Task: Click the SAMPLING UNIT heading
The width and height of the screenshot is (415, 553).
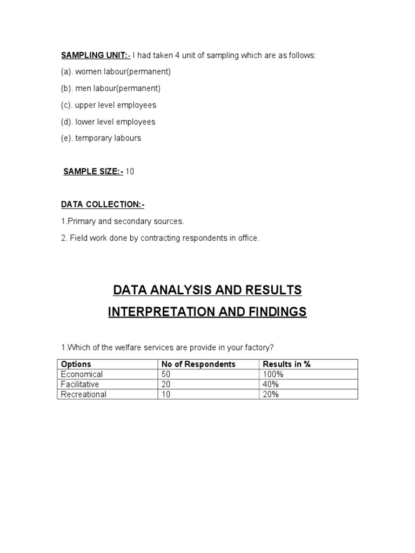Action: [95, 55]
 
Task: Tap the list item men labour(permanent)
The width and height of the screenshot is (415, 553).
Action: [111, 88]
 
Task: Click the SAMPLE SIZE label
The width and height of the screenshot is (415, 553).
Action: [93, 171]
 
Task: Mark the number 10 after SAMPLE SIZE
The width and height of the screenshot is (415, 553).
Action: [130, 171]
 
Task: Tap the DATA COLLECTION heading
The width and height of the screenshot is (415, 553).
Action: [103, 205]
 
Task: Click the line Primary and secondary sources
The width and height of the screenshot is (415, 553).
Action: [123, 221]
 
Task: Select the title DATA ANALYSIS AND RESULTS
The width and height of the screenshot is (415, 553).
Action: [207, 290]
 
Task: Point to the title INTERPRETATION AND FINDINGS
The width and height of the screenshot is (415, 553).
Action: [207, 312]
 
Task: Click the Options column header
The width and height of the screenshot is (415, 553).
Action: [76, 364]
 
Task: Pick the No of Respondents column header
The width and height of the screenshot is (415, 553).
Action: [198, 364]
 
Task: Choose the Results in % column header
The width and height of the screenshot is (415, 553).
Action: [286, 364]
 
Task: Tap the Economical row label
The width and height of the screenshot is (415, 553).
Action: [82, 374]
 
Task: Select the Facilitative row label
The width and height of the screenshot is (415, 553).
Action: [80, 385]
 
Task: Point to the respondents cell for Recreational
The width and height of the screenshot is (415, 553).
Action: [166, 394]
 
